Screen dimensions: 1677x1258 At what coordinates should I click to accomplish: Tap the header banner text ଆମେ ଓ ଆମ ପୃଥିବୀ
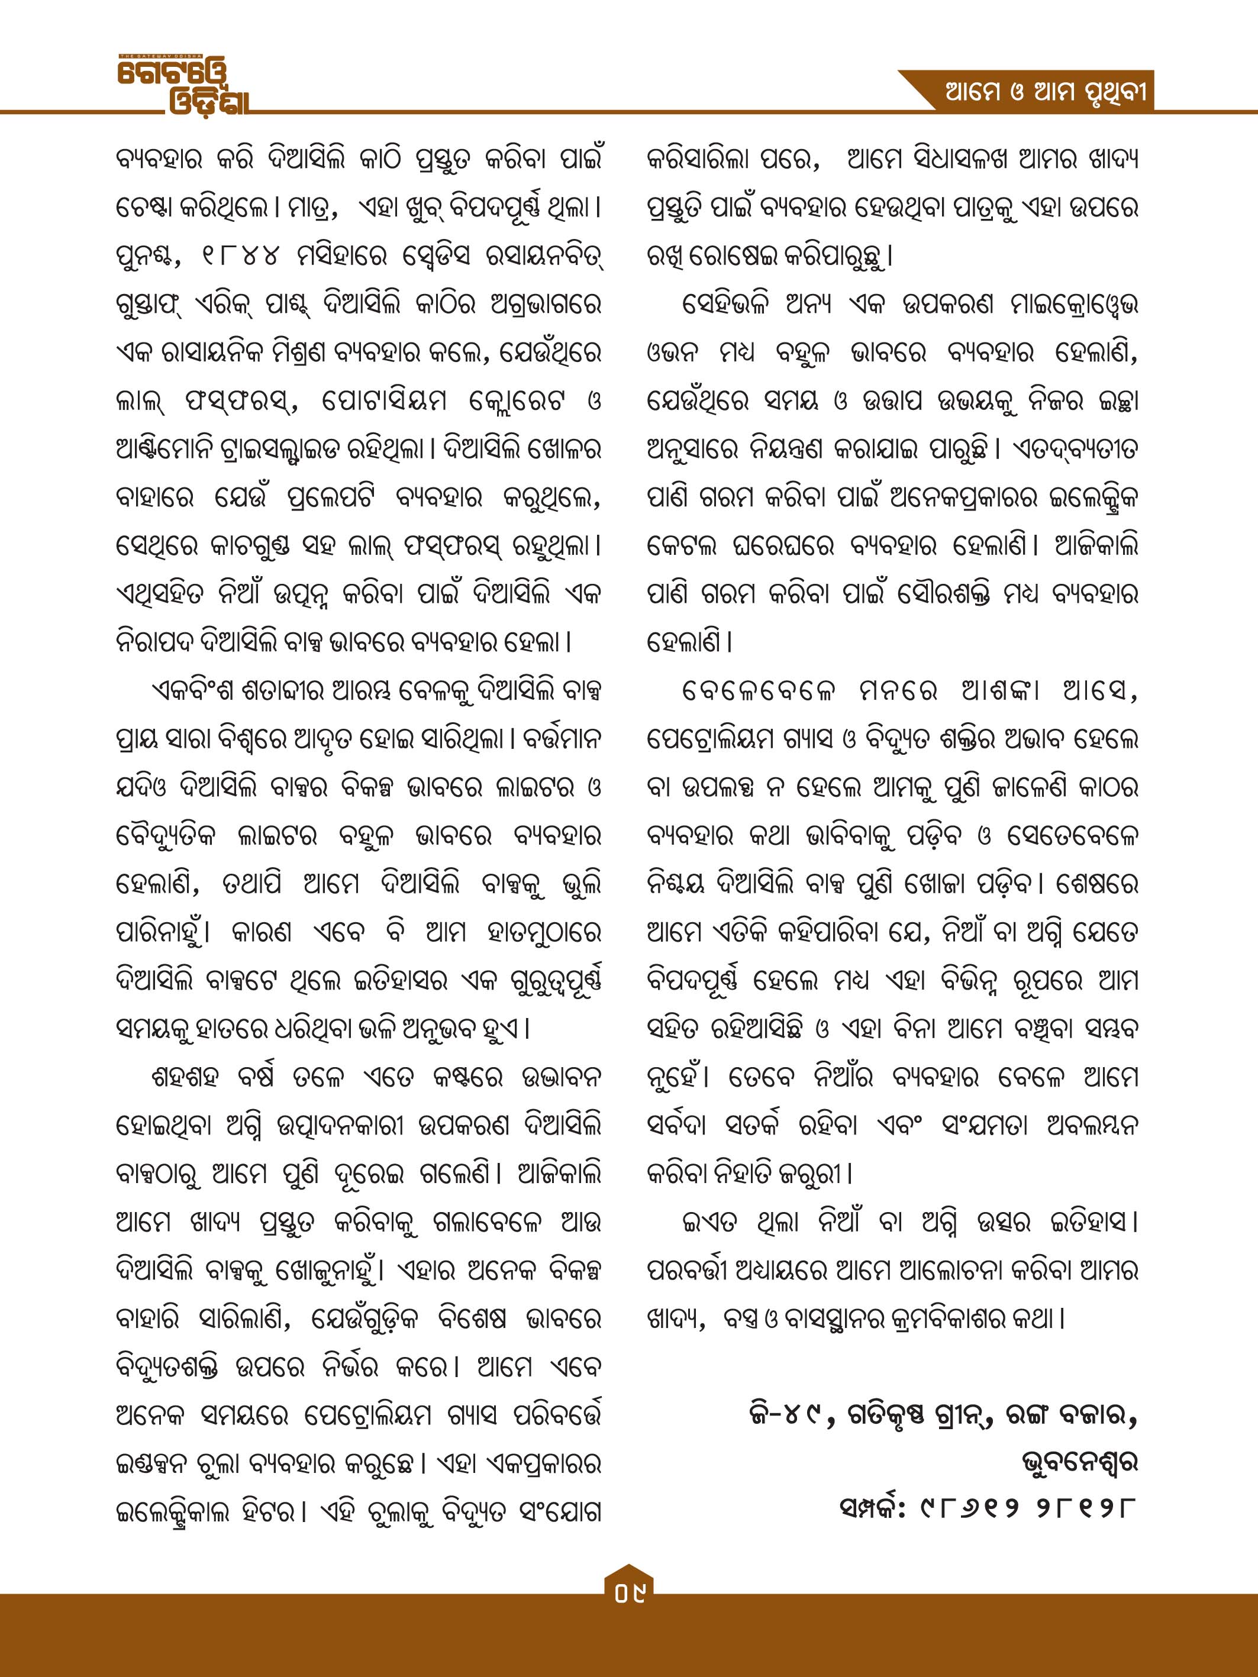[1044, 94]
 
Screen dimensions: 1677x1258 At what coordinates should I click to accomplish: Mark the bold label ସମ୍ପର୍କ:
[872, 1508]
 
